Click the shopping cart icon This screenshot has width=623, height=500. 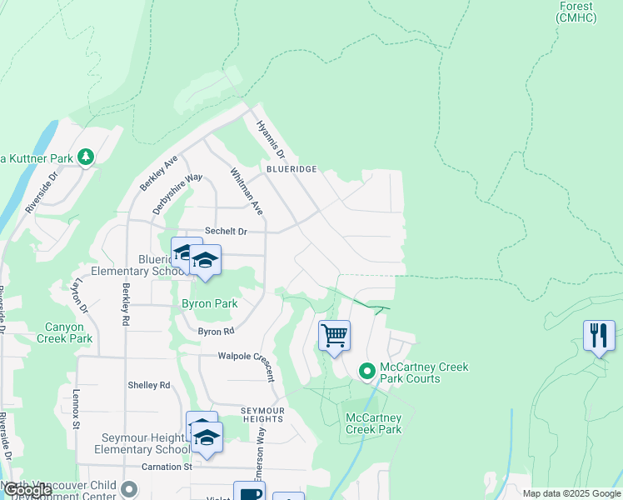coord(334,336)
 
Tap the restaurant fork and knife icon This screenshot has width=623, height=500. coord(599,336)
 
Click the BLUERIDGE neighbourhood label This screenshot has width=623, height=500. coord(292,169)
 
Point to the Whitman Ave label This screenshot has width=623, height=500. coord(247,191)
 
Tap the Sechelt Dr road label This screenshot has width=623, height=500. coord(227,232)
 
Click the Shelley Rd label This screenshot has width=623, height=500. coord(149,385)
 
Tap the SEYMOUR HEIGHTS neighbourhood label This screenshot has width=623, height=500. coord(263,415)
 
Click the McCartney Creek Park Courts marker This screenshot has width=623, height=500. coord(366,371)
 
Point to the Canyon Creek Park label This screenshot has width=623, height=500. coord(69,332)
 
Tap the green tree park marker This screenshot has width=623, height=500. coord(85,157)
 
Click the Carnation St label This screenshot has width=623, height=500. coord(167,467)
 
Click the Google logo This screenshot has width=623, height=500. coord(27,491)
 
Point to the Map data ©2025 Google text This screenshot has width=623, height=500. coord(571,493)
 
